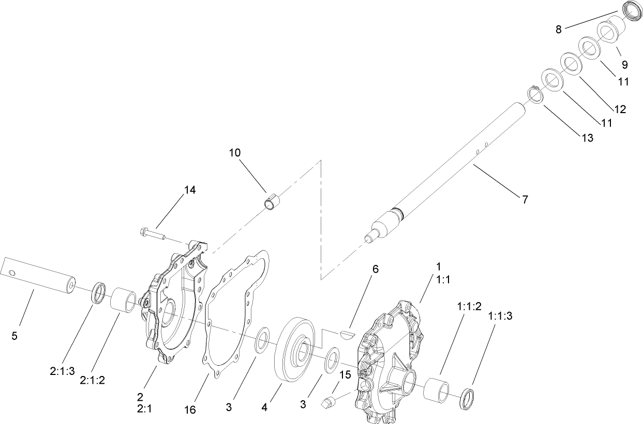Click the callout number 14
(189, 190)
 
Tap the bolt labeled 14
(152, 234)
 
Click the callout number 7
(525, 199)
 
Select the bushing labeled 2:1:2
(125, 300)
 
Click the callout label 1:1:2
(469, 306)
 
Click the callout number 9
(624, 65)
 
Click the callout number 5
(14, 336)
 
